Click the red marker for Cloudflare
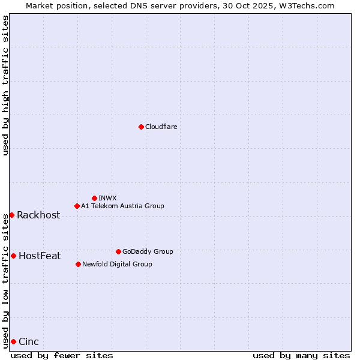[141, 127]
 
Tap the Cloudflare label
[161, 127]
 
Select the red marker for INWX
[94, 198]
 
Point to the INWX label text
[107, 198]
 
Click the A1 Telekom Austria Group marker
[77, 206]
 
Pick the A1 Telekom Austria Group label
[122, 206]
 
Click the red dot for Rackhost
[11, 215]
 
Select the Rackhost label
[38, 215]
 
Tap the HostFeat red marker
[13, 256]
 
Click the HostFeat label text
[40, 256]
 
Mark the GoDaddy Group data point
[118, 251]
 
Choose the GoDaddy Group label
[148, 251]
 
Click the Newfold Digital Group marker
[78, 264]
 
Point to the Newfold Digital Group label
[117, 264]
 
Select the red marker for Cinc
[13, 341]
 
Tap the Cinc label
[29, 342]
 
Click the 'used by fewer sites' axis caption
[62, 355]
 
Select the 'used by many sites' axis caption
[301, 355]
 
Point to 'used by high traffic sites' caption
[5, 85]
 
